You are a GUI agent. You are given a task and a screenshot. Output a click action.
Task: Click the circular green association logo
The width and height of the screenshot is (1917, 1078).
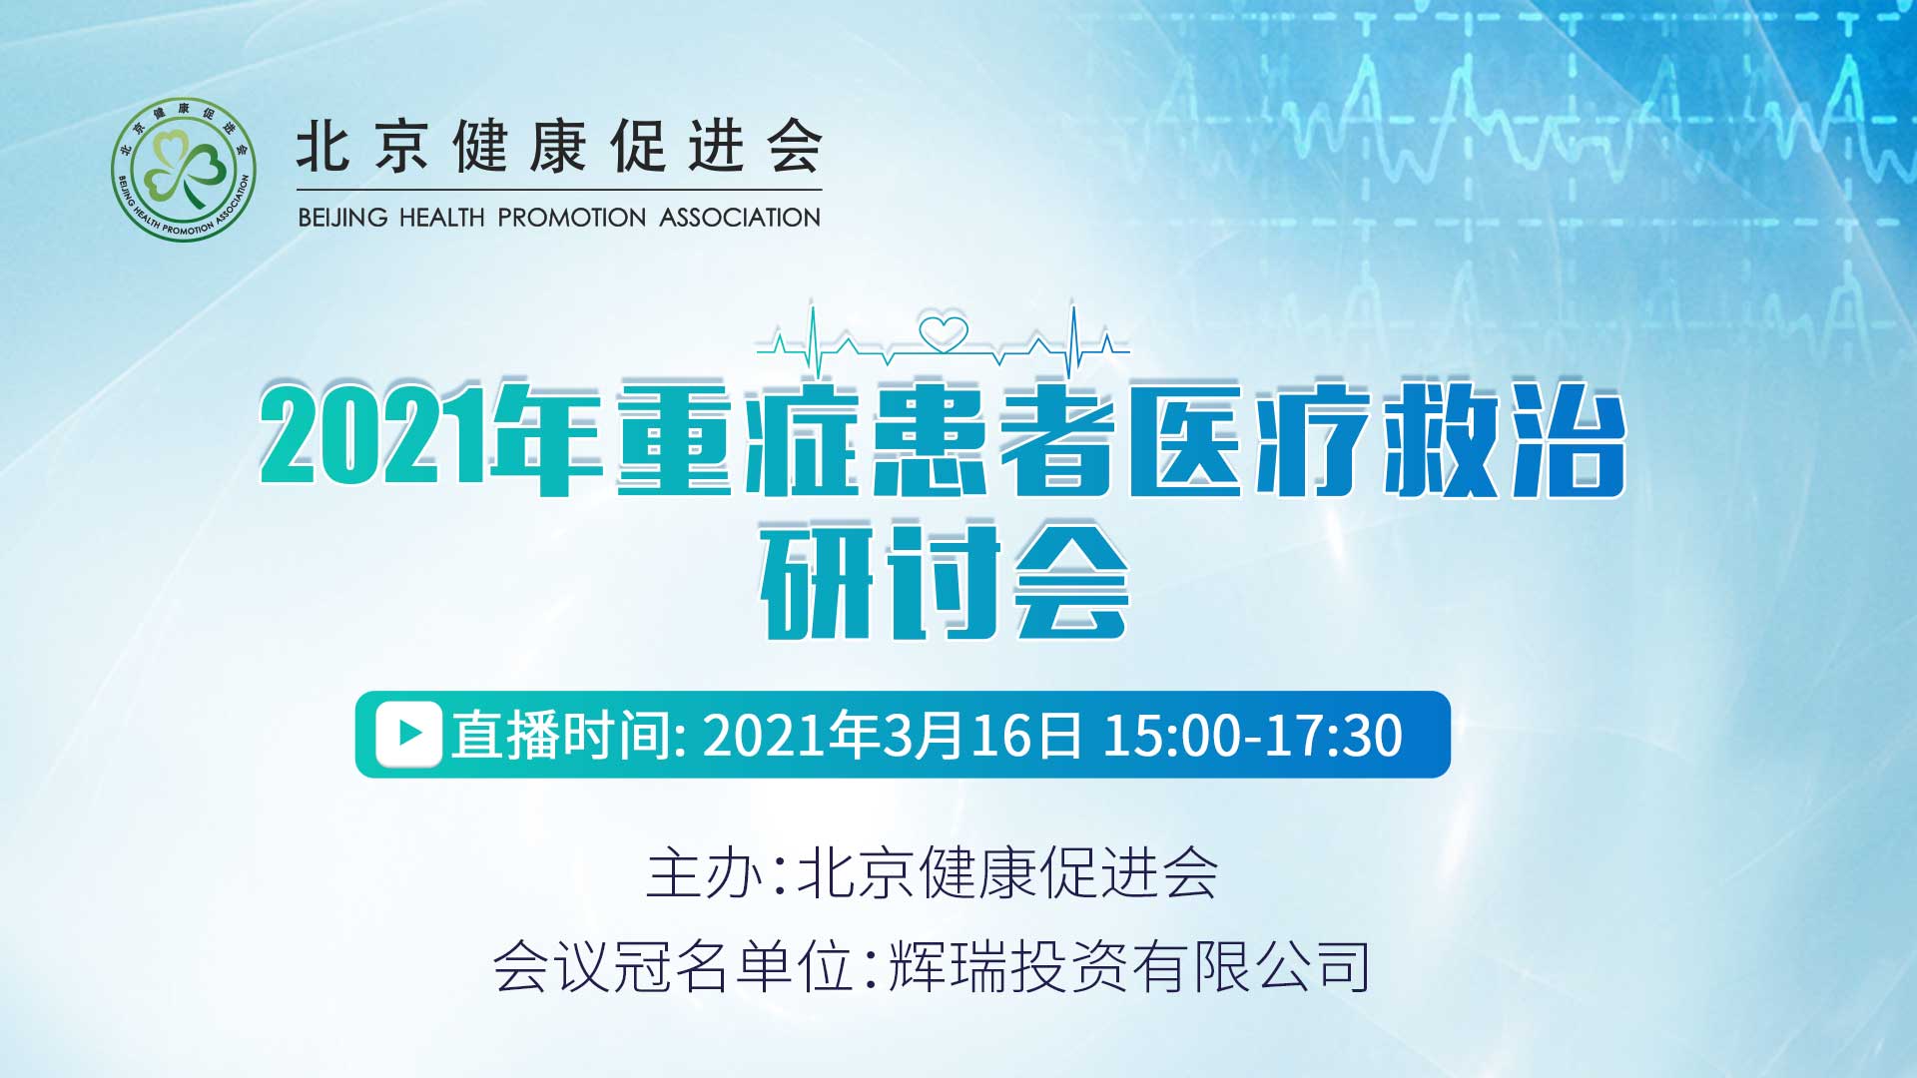[x=183, y=170]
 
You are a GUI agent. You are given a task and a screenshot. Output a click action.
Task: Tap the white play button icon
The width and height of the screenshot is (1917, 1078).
[x=408, y=734]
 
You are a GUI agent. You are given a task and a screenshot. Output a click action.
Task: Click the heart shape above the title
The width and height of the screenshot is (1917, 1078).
[x=944, y=333]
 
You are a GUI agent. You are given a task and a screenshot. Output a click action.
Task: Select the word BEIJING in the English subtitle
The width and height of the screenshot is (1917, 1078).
[x=342, y=218]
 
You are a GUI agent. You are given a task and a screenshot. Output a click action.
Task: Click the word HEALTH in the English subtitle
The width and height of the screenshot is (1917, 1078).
[x=441, y=218]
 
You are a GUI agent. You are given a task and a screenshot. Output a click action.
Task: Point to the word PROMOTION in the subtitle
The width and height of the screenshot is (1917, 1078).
[x=572, y=218]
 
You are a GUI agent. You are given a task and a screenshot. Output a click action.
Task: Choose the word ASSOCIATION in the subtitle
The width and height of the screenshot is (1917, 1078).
[x=740, y=218]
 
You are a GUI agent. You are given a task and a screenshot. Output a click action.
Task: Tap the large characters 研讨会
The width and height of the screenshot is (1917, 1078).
[x=944, y=580]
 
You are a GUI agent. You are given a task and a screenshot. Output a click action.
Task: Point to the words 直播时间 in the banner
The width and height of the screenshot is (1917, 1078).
[x=562, y=735]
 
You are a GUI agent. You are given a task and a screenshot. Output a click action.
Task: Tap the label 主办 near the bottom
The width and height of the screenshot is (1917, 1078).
[x=704, y=873]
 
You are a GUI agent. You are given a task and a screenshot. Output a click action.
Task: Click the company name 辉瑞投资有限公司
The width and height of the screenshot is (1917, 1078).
[x=1128, y=966]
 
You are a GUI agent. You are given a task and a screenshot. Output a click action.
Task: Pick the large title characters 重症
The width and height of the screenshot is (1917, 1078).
[x=739, y=439]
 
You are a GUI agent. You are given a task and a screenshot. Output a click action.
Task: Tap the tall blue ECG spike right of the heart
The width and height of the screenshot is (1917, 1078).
[x=1073, y=340]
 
